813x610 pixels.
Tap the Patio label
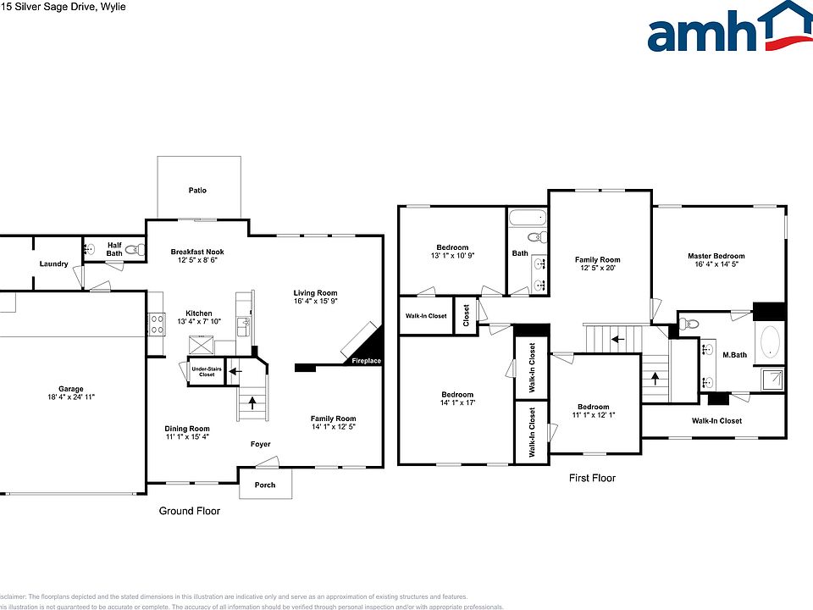(196, 191)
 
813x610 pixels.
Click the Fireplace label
(367, 362)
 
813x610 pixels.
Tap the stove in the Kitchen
(157, 324)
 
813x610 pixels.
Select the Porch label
(264, 485)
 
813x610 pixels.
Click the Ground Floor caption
(190, 511)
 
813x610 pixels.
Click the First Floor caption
(592, 479)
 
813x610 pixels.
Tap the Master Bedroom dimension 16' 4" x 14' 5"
(716, 265)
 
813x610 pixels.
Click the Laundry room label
(53, 263)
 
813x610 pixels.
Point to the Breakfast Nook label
(196, 252)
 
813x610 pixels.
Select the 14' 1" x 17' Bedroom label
(456, 403)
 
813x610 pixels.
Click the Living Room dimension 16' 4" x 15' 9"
(315, 301)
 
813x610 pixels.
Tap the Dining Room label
(186, 429)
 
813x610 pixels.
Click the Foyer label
(260, 444)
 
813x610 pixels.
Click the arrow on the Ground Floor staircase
(251, 404)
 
